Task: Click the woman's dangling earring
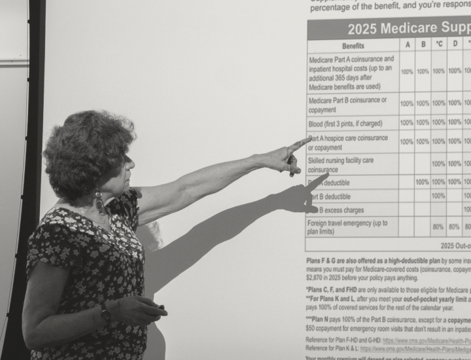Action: [100, 202]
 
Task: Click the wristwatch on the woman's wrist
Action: [105, 312]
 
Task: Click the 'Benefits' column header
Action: [353, 46]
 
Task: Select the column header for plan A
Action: [407, 45]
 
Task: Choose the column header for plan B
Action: [423, 45]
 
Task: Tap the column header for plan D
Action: [455, 44]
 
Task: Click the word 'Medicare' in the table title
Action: [410, 29]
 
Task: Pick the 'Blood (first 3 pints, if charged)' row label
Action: [345, 123]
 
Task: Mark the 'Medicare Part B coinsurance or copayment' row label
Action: [347, 103]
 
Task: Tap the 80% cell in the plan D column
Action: [455, 227]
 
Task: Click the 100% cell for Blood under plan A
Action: [407, 122]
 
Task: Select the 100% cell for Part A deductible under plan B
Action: [423, 182]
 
